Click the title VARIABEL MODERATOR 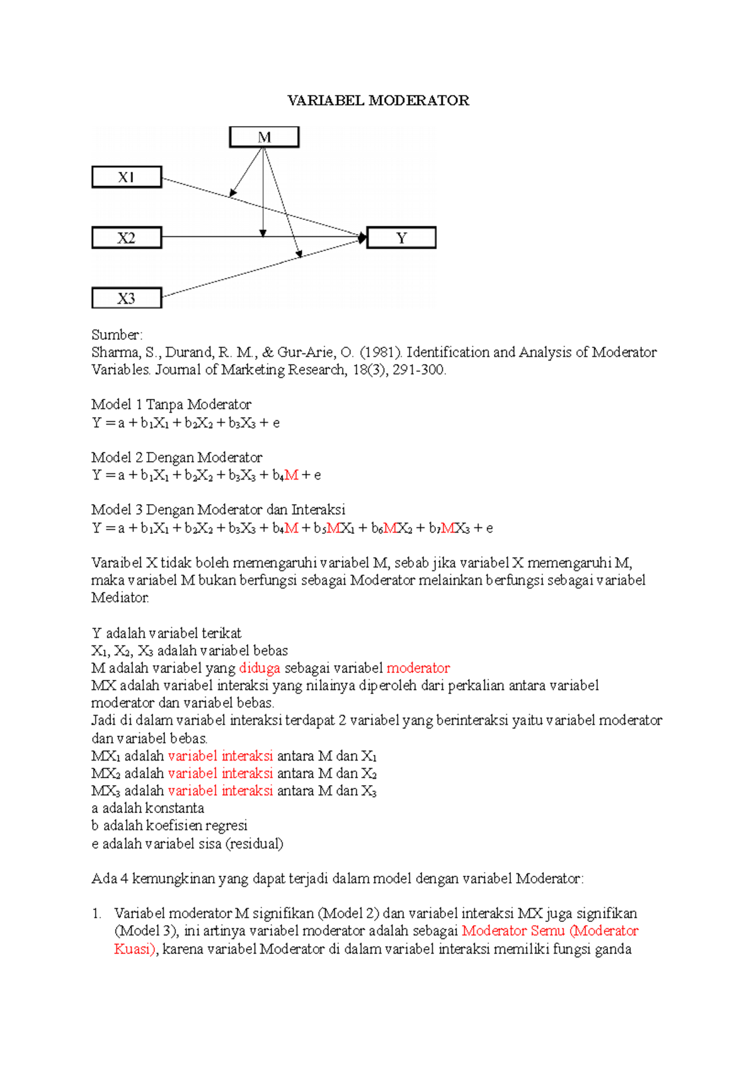(378, 101)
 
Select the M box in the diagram (264, 137)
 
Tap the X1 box (127, 178)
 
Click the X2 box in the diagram (127, 238)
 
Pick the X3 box (127, 298)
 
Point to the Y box (401, 238)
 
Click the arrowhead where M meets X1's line (232, 193)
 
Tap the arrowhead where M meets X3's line (300, 254)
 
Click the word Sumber (117, 335)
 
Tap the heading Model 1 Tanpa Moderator (171, 405)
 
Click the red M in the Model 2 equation (291, 475)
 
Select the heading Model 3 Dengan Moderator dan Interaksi (218, 510)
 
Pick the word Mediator (120, 597)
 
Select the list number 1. (96, 914)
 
